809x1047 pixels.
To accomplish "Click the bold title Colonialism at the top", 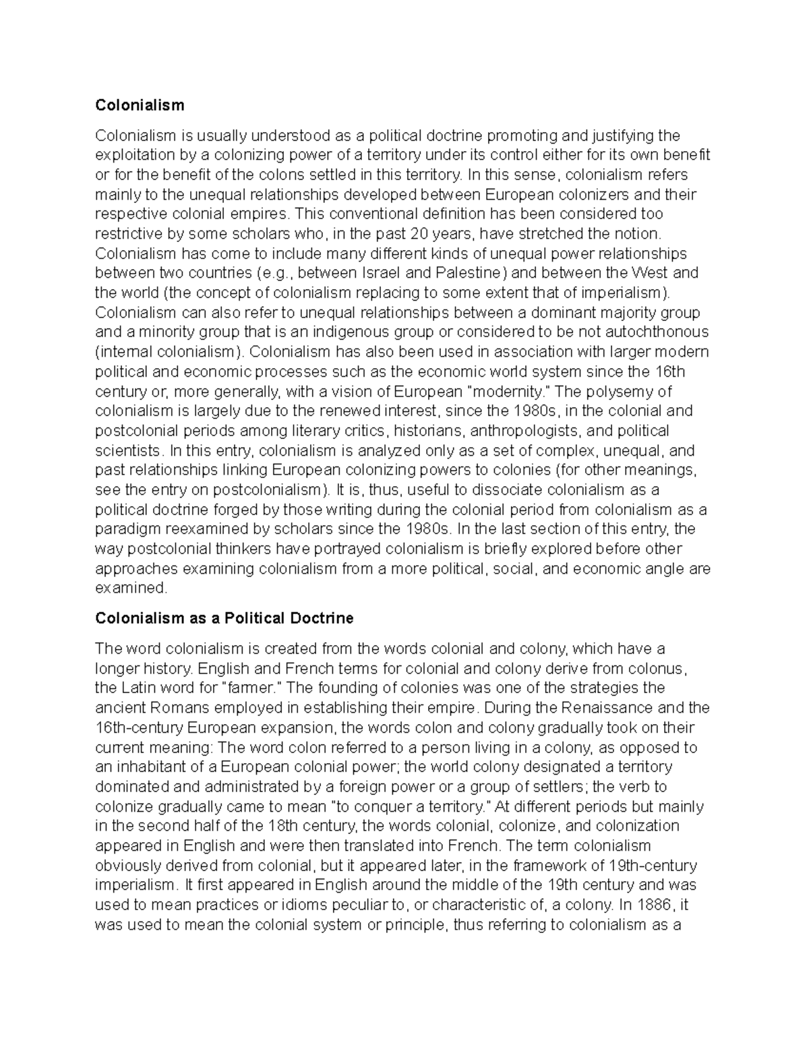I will pos(140,105).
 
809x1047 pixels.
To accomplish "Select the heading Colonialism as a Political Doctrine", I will pos(224,618).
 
